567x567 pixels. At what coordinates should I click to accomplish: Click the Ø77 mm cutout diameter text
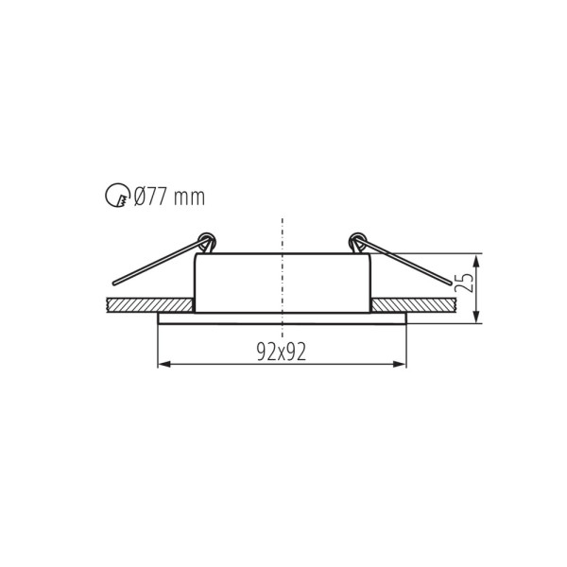pyautogui.click(x=168, y=197)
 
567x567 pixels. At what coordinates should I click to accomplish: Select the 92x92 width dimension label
pyautogui.click(x=282, y=352)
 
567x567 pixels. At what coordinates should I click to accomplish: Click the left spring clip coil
pyautogui.click(x=207, y=242)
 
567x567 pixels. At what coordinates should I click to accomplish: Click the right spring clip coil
pyautogui.click(x=357, y=242)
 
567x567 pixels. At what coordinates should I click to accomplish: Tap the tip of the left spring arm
pyautogui.click(x=115, y=283)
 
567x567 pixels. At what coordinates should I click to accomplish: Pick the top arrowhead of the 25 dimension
pyautogui.click(x=477, y=258)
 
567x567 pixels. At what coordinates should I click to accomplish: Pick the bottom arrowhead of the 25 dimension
pyautogui.click(x=477, y=318)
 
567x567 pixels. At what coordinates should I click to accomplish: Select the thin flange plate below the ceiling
pyautogui.click(x=282, y=318)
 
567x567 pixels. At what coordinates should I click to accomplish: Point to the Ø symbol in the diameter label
pyautogui.click(x=140, y=197)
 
